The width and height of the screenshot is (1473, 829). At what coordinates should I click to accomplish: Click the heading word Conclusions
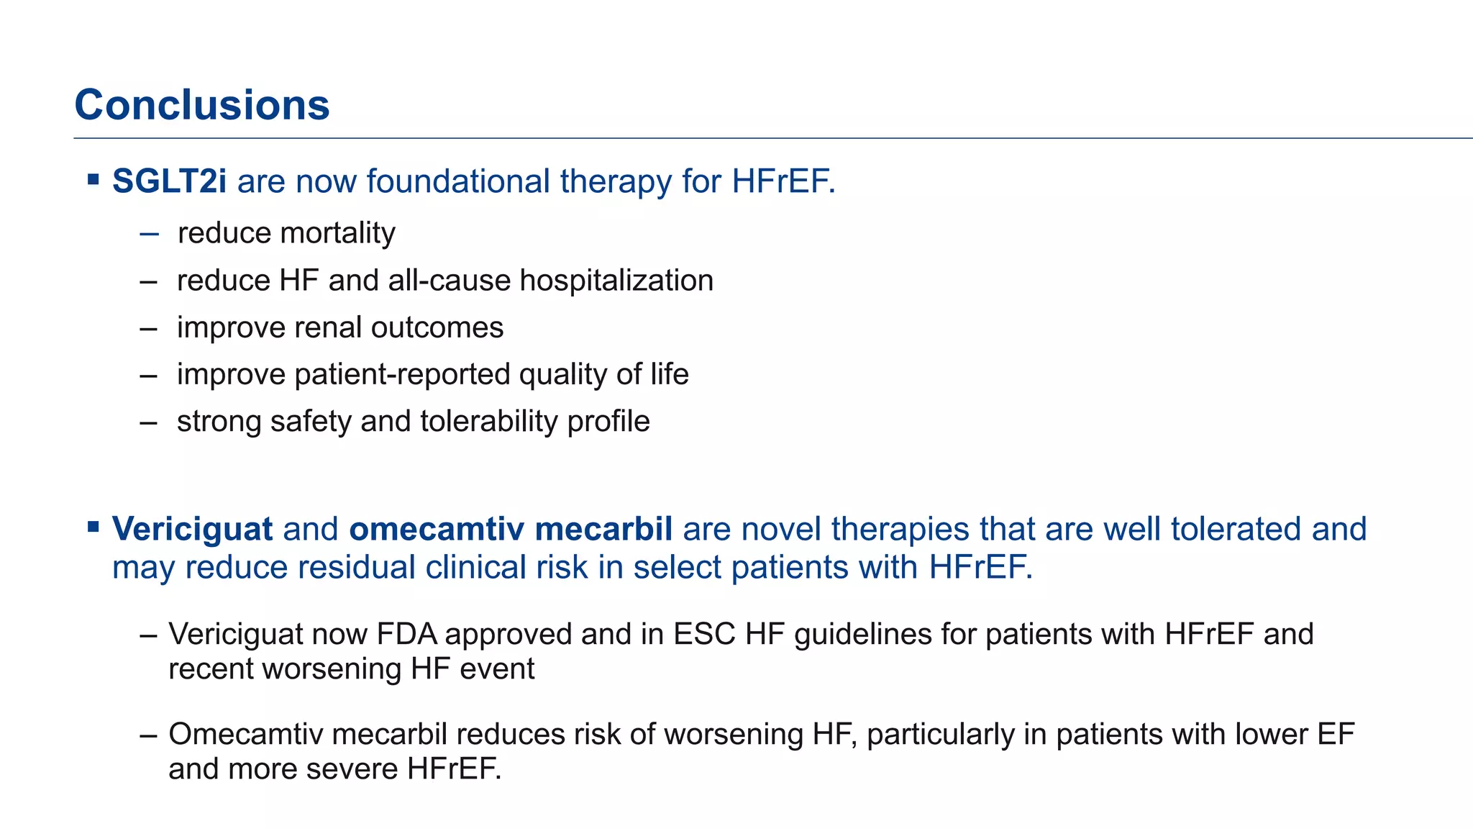pyautogui.click(x=202, y=105)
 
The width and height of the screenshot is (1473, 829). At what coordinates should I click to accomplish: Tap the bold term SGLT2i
pyautogui.click(x=169, y=181)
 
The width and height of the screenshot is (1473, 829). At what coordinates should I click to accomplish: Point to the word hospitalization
pyautogui.click(x=616, y=281)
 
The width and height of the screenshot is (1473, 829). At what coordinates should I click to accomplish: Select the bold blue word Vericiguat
pyautogui.click(x=192, y=529)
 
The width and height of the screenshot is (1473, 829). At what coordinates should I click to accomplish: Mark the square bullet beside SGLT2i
pyautogui.click(x=93, y=178)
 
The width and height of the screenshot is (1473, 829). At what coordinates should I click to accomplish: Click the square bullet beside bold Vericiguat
pyautogui.click(x=93, y=527)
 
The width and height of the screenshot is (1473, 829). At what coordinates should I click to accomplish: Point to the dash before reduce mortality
pyautogui.click(x=149, y=234)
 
